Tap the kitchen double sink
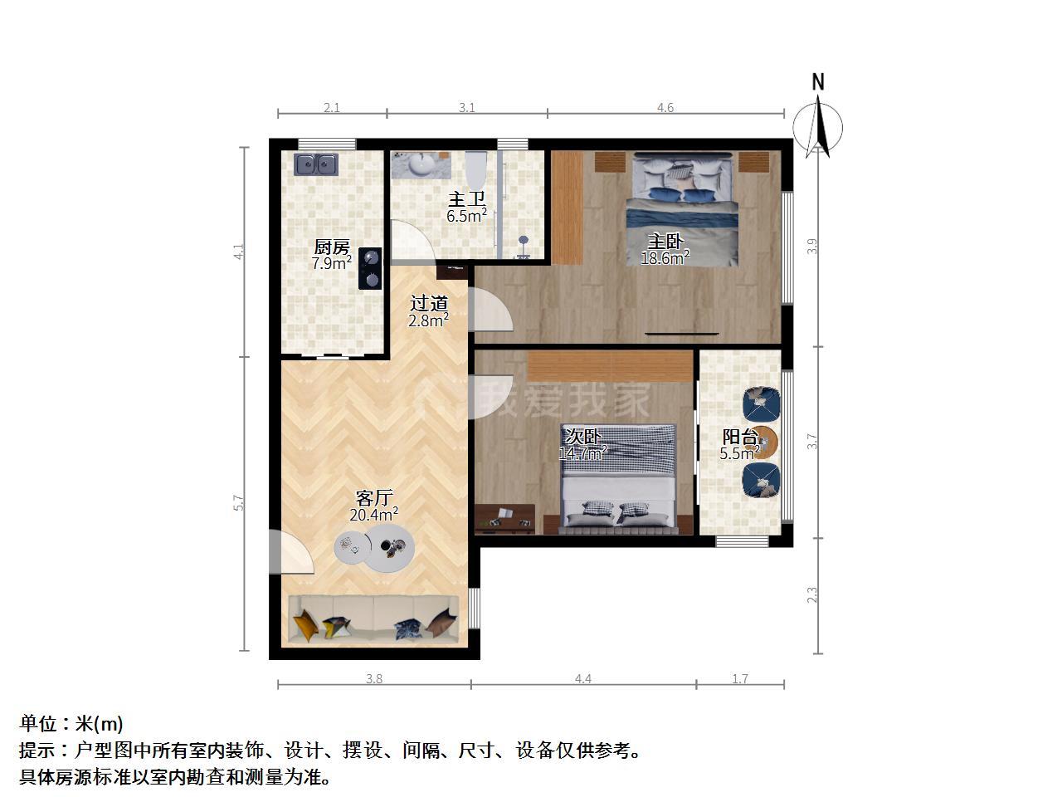316,164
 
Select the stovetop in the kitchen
370,268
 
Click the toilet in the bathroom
475,169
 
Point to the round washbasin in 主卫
421,164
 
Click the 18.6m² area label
665,258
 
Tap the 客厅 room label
374,497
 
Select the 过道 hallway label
429,303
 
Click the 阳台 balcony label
740,437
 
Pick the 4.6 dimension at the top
665,107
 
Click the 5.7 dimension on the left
238,502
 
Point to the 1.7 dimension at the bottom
740,679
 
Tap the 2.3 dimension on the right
812,594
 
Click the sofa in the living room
373,619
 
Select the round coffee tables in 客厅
374,548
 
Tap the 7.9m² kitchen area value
331,263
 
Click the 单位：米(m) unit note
71,723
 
